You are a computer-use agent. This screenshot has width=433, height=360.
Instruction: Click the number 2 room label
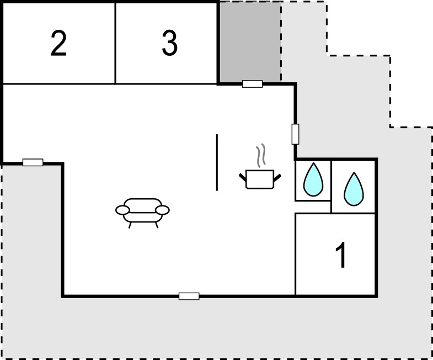[58, 44]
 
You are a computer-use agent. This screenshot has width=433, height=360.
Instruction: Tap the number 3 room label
[169, 43]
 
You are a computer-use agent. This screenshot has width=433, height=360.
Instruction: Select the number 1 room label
[341, 255]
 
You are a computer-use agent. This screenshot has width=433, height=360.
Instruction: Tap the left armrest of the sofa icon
[122, 210]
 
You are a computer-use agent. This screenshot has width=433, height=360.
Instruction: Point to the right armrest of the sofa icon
[163, 210]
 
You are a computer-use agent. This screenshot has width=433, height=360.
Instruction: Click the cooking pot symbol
[260, 179]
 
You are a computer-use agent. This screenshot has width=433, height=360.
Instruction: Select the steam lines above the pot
[261, 155]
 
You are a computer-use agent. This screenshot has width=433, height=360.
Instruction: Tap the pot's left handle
[243, 177]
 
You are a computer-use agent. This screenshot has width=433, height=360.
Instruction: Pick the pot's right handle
[277, 177]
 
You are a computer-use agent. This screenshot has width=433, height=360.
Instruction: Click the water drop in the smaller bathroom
[313, 179]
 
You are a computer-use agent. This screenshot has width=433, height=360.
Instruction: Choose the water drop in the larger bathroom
[354, 189]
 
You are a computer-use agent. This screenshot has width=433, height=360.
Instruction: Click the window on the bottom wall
[189, 297]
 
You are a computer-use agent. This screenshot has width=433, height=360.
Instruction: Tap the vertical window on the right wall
[295, 134]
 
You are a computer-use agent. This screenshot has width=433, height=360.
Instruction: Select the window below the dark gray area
[253, 84]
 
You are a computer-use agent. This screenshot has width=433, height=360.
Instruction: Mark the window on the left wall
[33, 162]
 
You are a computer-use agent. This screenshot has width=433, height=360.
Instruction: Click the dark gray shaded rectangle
[250, 41]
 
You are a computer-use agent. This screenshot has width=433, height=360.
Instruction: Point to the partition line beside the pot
[217, 162]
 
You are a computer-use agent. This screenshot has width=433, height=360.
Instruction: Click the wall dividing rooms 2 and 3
[115, 43]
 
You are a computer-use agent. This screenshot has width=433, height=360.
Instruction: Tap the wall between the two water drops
[331, 187]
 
